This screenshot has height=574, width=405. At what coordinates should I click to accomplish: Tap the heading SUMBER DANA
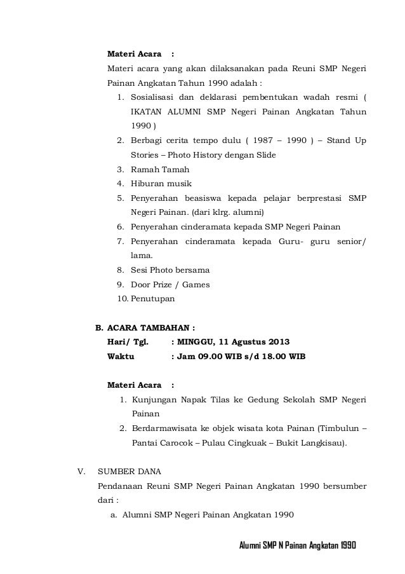129,472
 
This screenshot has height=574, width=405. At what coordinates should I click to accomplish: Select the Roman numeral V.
80,472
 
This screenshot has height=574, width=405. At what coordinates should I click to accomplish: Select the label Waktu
121,357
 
